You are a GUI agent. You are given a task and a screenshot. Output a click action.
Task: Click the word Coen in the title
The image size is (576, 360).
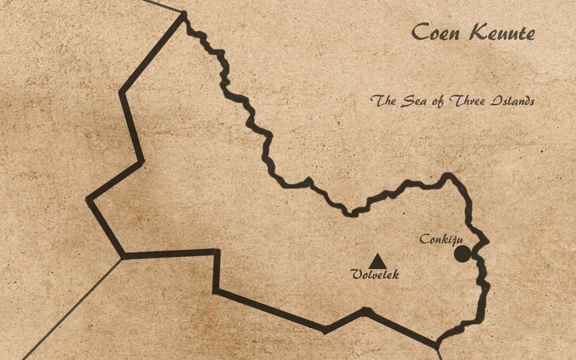tap(436, 33)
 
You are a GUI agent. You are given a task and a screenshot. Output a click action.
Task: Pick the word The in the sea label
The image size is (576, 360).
tap(383, 101)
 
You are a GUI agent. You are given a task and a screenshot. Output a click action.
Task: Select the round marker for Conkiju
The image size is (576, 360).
tap(462, 254)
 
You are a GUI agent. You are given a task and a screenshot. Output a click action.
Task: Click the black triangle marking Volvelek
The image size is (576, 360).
tap(377, 262)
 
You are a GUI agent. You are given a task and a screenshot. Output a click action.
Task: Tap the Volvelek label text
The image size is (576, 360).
tap(375, 275)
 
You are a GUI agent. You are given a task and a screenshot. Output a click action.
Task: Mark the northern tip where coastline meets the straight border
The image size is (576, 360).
tap(183, 15)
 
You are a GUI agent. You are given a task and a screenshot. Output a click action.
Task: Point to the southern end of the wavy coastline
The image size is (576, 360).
tap(437, 344)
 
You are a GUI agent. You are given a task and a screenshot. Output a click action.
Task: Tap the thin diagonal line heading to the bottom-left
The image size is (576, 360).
tap(72, 310)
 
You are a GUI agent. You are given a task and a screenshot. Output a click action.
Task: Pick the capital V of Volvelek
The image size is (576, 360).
tap(357, 275)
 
